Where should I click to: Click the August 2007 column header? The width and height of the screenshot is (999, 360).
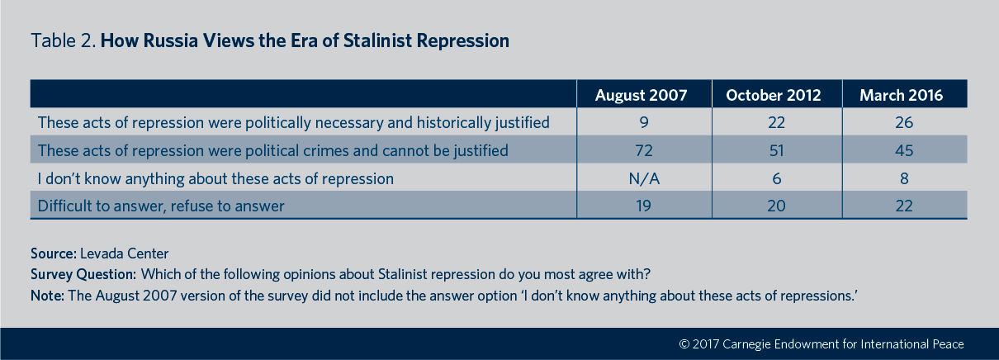coord(641,95)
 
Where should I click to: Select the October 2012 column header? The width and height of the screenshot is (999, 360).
coord(774,95)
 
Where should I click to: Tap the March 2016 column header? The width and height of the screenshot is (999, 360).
coord(901,95)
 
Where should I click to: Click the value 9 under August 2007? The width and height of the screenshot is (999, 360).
coord(643,123)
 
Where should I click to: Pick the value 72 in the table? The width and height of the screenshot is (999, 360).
coord(643,150)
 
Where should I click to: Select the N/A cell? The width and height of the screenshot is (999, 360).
coord(643,178)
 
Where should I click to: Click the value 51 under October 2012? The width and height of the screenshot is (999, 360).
coord(776,150)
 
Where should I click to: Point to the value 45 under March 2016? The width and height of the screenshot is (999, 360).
coord(904,150)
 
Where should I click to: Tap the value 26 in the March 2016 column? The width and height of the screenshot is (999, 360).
coord(904,123)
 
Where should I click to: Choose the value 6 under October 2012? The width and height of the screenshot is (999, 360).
coord(776,178)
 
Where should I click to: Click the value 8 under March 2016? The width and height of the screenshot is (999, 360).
coord(904,178)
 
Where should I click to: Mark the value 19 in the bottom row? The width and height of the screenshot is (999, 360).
coord(643,206)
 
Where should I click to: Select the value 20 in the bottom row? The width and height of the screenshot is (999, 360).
coord(776,206)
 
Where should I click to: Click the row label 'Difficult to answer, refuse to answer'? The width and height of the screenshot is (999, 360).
coord(161,206)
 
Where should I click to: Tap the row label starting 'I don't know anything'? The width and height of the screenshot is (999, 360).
coord(215,178)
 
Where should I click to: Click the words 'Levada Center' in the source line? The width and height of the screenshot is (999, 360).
coord(124,253)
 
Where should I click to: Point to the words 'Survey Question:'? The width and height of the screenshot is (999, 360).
coord(83,274)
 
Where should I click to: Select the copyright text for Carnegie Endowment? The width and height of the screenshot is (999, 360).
coord(821,344)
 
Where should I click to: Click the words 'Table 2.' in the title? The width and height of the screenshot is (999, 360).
coord(64,40)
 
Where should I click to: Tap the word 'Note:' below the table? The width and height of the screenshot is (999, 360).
coord(47,296)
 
